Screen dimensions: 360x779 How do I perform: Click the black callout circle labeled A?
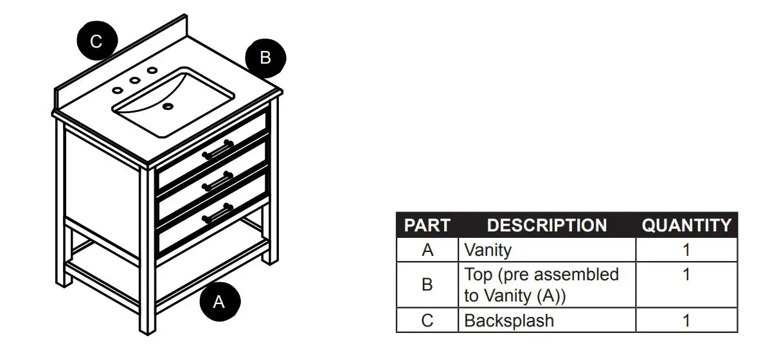point(219,301)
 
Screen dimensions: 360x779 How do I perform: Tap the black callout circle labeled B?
point(265,58)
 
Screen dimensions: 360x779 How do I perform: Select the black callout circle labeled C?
point(96,42)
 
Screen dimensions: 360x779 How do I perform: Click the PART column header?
point(427,226)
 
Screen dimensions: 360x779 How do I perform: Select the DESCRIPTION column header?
point(546,226)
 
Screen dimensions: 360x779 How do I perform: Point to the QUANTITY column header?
point(686,226)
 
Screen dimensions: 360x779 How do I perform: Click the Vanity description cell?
point(488,250)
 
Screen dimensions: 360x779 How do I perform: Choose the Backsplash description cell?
point(509,320)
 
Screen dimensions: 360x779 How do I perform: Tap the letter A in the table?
point(427,250)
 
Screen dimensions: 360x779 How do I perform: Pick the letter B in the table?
point(427,285)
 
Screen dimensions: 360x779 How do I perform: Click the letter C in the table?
point(427,320)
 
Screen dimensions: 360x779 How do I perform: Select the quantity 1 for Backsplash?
point(686,320)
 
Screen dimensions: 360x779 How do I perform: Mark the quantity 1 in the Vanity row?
point(686,250)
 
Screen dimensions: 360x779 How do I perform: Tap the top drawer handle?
point(218,150)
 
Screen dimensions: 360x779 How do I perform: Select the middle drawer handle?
point(218,182)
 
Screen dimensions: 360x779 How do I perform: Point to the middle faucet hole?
point(136,81)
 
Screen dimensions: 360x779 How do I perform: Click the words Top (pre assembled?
point(541,274)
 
